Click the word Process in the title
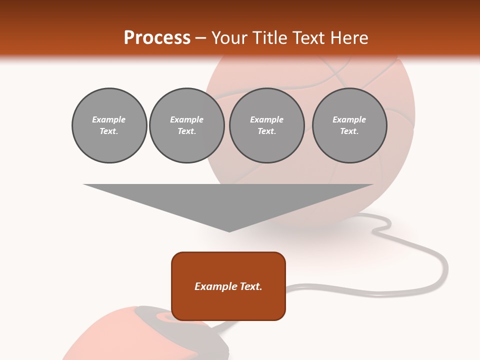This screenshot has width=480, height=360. click(x=157, y=38)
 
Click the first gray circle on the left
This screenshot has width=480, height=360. click(x=109, y=125)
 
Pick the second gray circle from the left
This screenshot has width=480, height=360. click(x=186, y=125)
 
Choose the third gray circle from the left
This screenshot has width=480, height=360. click(x=266, y=125)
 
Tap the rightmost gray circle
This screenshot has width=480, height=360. click(x=349, y=125)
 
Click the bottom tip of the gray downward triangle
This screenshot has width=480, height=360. click(x=229, y=230)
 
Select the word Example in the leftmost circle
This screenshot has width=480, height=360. click(x=109, y=119)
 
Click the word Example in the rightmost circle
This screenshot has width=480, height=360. click(x=349, y=119)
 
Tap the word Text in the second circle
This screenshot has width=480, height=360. click(x=186, y=131)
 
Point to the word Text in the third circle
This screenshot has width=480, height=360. click(x=266, y=131)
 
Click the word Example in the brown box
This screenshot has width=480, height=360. click(x=215, y=286)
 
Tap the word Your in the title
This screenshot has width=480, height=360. click(x=228, y=38)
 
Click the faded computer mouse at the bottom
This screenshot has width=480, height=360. click(x=145, y=335)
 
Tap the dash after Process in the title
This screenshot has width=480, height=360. click(x=201, y=38)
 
